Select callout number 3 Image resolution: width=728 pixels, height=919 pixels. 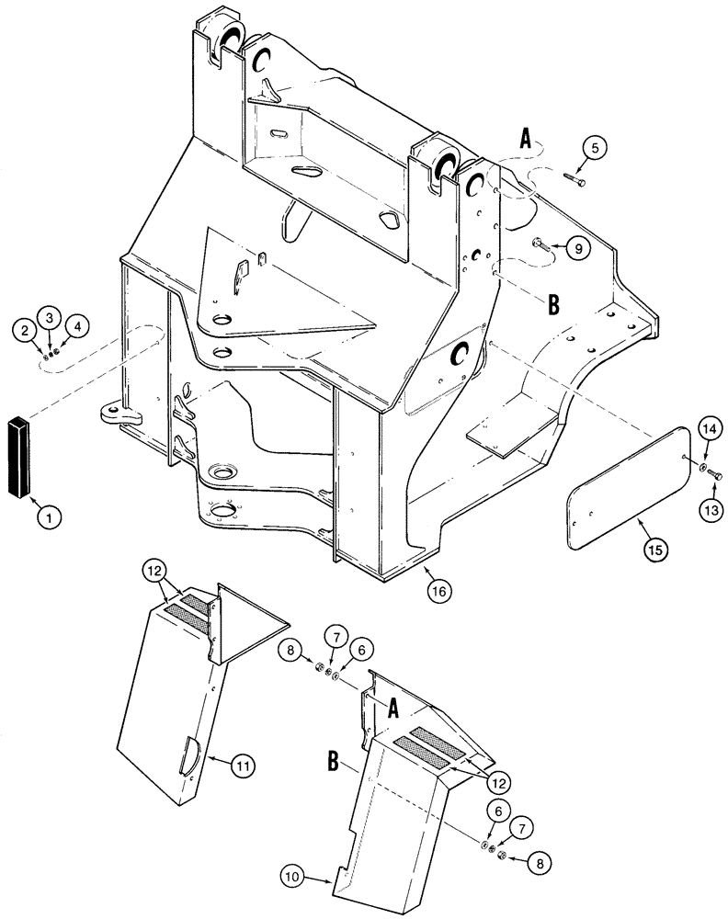click(x=51, y=317)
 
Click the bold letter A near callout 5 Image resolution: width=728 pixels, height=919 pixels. click(x=526, y=140)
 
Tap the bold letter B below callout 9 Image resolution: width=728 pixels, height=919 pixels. click(x=553, y=306)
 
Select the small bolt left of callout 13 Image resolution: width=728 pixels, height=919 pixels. click(x=718, y=475)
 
